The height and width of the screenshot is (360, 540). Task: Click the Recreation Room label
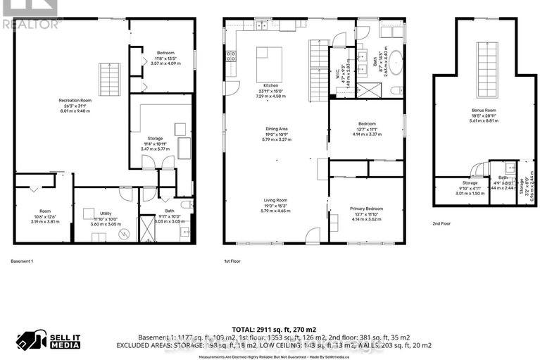(75, 101)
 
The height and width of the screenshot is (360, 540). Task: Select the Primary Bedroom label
(366, 209)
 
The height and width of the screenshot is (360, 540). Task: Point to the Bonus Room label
(483, 111)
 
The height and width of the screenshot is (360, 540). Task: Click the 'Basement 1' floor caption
(22, 261)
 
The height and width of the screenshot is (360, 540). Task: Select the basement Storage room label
(155, 138)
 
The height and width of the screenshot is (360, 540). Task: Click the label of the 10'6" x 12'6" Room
(45, 211)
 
